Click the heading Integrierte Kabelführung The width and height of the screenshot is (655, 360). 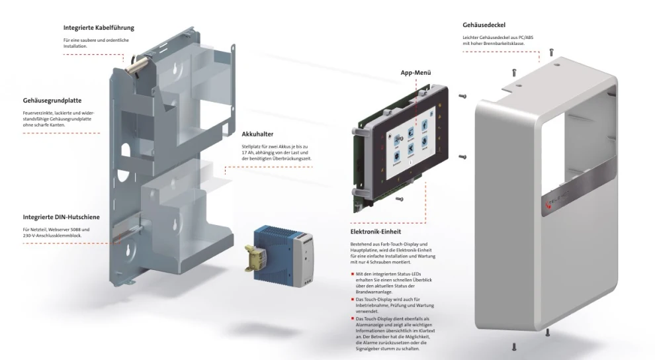pyautogui.click(x=99, y=28)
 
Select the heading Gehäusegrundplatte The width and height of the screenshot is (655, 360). pyautogui.click(x=52, y=101)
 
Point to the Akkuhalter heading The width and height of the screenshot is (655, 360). pyautogui.click(x=258, y=133)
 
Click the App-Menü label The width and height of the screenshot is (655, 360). pyautogui.click(x=416, y=73)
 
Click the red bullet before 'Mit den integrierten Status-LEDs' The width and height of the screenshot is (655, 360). pyautogui.click(x=353, y=273)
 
